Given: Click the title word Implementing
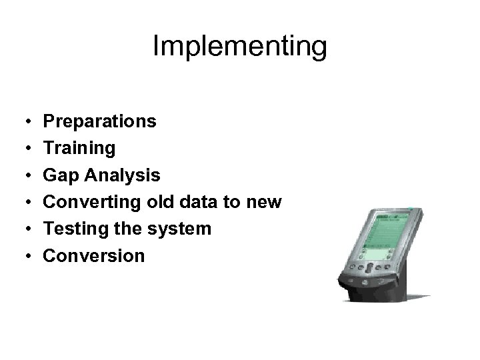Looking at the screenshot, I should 239,47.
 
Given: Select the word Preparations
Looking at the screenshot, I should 100,121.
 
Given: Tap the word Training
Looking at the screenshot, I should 79,148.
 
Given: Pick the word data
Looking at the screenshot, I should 198,201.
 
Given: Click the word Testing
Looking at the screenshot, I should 73,229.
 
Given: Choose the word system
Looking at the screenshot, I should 181,229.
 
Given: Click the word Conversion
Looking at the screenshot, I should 93,255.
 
